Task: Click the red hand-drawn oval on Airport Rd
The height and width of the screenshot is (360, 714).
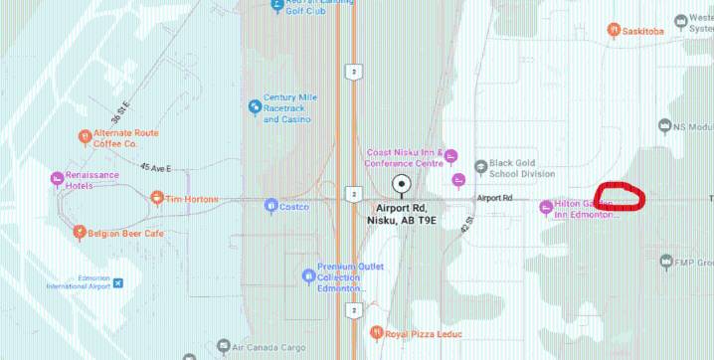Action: tap(620, 196)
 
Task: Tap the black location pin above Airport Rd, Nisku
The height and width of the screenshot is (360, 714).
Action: tap(402, 184)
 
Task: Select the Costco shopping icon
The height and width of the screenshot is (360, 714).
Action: tap(270, 206)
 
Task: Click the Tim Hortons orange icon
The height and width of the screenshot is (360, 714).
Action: tap(156, 198)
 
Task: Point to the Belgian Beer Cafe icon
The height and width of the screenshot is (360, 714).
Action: tap(79, 233)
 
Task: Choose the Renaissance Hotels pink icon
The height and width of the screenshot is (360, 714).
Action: tap(57, 179)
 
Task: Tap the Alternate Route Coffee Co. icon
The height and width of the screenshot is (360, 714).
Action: tap(84, 137)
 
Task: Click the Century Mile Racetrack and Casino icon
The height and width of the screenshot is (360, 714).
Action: tap(255, 106)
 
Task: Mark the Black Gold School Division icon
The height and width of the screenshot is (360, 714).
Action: tap(482, 166)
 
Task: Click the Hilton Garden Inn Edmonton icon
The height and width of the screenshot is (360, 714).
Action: tap(545, 206)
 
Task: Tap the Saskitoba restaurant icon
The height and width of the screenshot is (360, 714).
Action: tap(615, 31)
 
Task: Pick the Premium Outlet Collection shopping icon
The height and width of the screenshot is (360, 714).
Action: tap(308, 274)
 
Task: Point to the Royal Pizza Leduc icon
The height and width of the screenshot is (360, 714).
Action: tap(376, 332)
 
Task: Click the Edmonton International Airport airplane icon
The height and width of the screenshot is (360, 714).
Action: tap(118, 284)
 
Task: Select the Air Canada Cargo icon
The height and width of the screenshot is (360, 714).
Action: tap(222, 347)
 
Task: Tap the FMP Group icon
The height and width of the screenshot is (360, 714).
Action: tap(665, 263)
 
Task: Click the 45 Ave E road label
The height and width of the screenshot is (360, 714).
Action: tap(156, 168)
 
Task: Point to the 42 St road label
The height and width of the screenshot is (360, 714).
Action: tap(465, 227)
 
